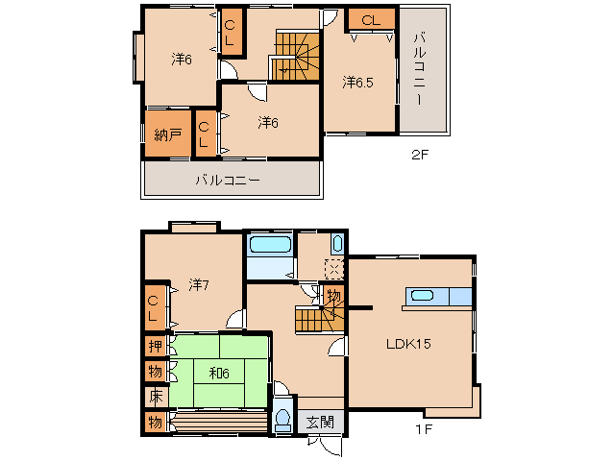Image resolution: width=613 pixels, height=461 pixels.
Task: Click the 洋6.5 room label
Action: click(x=357, y=83)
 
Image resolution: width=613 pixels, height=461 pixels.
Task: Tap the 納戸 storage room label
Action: click(x=168, y=134)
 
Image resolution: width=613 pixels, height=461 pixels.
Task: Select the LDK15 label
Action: click(x=408, y=344)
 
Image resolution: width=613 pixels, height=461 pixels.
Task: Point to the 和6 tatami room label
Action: click(x=219, y=374)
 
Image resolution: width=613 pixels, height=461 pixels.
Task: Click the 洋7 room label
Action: click(x=199, y=285)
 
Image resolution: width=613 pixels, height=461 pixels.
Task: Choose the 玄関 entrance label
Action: click(x=320, y=422)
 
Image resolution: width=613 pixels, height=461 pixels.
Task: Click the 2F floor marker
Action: click(x=420, y=155)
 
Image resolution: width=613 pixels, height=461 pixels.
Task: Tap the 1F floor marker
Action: click(x=424, y=429)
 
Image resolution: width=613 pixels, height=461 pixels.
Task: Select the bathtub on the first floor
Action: click(x=270, y=245)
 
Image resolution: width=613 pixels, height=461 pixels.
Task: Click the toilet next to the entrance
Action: click(x=282, y=419)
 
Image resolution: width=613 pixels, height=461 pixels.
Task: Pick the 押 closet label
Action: click(x=156, y=346)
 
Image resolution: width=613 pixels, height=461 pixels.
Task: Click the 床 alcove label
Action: click(x=156, y=397)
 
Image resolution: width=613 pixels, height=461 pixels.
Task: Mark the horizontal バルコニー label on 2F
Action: click(x=228, y=181)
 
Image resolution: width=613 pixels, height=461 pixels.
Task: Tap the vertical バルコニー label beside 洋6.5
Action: click(x=420, y=69)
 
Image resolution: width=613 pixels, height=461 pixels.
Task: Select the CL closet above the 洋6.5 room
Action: click(x=371, y=20)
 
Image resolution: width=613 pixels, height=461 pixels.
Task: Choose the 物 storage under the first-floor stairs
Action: click(x=333, y=297)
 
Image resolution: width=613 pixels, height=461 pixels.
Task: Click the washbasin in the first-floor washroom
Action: click(x=337, y=244)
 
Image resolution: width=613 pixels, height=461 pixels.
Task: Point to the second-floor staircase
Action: click(x=297, y=56)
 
